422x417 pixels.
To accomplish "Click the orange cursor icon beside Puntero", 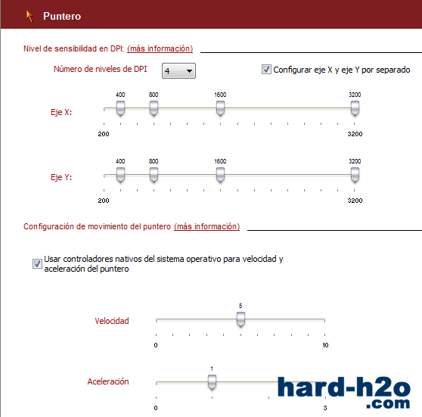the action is [x=29, y=16].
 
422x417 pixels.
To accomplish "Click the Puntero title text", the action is [x=62, y=16].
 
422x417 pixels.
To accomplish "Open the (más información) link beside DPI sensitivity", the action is [x=160, y=48].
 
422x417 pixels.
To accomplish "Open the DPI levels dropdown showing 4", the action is [x=178, y=71].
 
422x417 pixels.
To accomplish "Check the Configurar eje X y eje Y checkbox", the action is [x=266, y=70].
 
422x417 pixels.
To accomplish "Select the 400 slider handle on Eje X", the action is [x=120, y=108].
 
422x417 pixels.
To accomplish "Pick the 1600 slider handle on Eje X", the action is [x=220, y=108].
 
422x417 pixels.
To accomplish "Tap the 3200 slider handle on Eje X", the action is [x=355, y=108].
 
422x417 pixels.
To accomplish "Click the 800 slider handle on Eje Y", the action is [x=154, y=175].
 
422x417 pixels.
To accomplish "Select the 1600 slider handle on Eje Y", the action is [x=220, y=175].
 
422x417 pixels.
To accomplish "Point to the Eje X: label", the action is [x=61, y=112].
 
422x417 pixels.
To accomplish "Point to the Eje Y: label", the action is [x=61, y=177].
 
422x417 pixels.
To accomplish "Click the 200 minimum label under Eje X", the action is [x=104, y=134].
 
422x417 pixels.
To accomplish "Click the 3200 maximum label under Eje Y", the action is [x=355, y=201].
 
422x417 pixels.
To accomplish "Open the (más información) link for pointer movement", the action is [x=206, y=226].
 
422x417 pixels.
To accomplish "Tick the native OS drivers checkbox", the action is [x=37, y=263].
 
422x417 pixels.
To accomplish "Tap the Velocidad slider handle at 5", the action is [x=240, y=319].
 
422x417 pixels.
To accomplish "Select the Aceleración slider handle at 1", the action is [x=212, y=382].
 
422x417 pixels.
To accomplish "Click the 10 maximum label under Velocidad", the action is [x=325, y=345].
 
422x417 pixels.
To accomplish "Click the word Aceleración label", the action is [x=108, y=381].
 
